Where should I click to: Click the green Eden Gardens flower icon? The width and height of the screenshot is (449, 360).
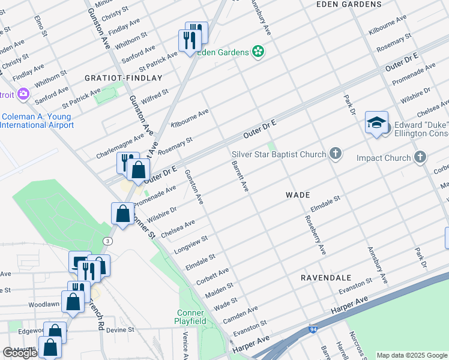pos(259,52)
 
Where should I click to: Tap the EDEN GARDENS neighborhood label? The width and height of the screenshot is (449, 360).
pos(349,4)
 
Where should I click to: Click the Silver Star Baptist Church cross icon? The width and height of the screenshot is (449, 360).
pos(336,155)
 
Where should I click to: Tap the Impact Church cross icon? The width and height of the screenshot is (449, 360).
pos(420,158)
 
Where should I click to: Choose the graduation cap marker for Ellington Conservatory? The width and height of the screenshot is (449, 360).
pos(376,124)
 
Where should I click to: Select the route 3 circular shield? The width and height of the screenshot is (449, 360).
pos(107,241)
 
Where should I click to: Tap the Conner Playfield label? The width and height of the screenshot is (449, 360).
pos(191,317)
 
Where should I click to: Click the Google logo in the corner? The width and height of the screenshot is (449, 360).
pos(20,353)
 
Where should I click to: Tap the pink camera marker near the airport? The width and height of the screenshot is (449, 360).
pos(23,94)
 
